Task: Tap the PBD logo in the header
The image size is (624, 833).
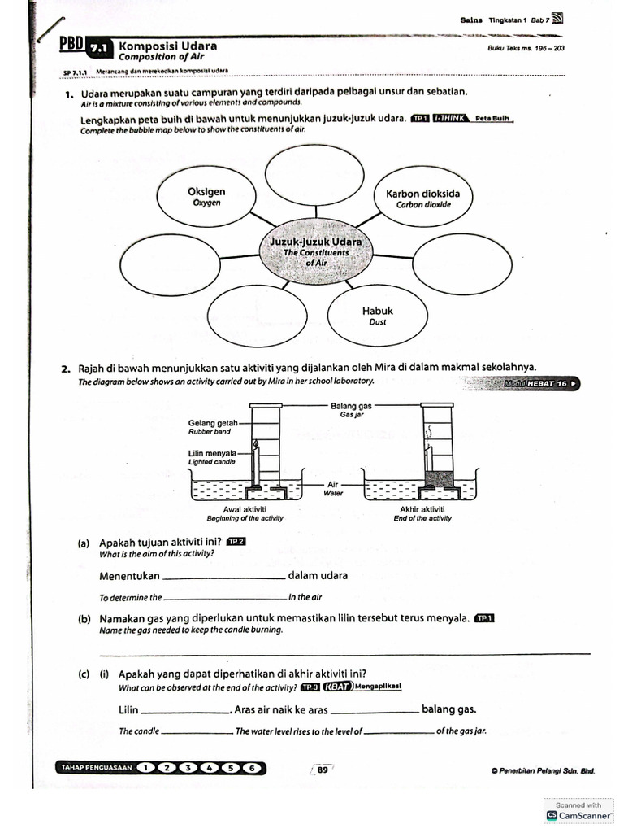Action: pos(72,46)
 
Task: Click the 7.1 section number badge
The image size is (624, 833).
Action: pos(98,49)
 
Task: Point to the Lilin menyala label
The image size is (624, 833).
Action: pos(212,453)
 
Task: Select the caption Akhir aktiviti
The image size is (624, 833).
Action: pos(421,509)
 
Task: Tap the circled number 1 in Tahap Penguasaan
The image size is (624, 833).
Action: pos(145,768)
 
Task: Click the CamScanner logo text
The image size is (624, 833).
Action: pos(583,814)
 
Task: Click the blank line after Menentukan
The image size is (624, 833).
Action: pos(224,577)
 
